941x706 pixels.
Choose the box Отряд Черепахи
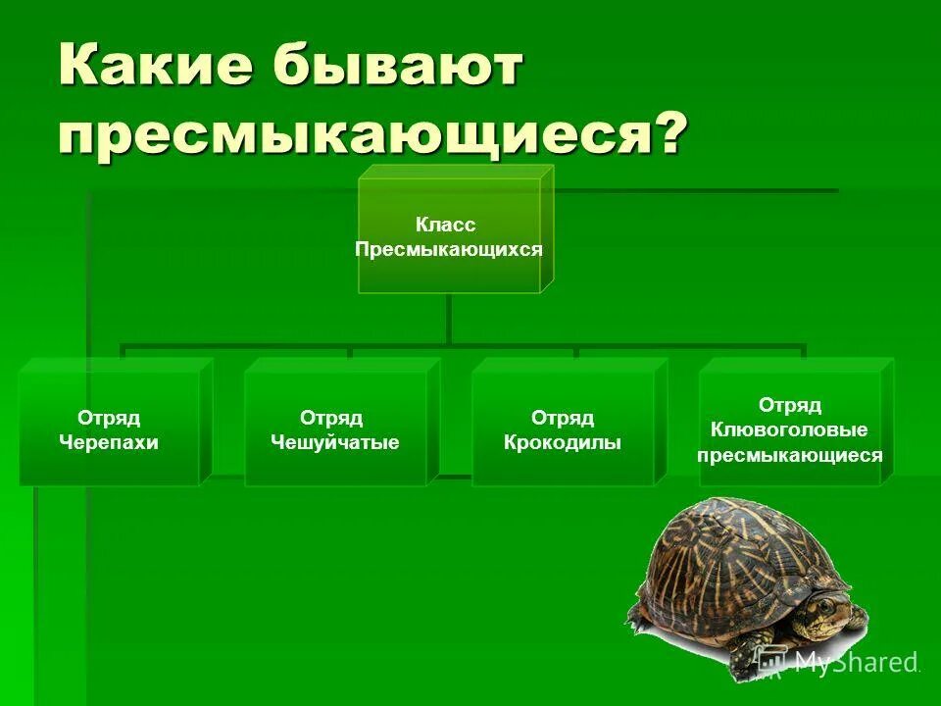[x=109, y=429]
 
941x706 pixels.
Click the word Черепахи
[x=109, y=443]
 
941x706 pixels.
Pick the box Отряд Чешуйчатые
[x=335, y=429]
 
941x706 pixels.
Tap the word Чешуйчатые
[x=335, y=443]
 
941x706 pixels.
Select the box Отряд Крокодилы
[x=563, y=429]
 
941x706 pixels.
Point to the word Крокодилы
[x=563, y=443]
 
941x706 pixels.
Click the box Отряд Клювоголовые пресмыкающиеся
[x=789, y=429]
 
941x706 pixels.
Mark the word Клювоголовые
[x=789, y=430]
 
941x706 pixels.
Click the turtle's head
[x=825, y=615]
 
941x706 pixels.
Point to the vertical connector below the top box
[x=449, y=318]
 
